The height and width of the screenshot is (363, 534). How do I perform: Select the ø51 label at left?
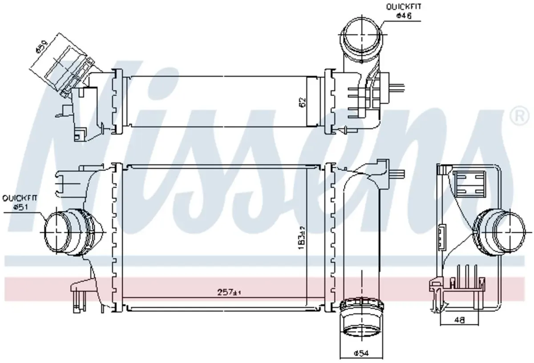coord(21,207)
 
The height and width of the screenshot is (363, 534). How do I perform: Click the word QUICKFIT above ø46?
coord(404,7)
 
